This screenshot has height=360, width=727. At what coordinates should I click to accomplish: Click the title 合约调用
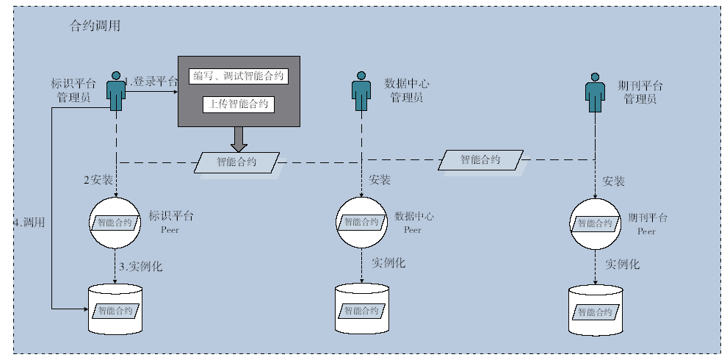click(x=95, y=26)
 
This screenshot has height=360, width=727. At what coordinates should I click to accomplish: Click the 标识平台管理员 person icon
click(x=116, y=91)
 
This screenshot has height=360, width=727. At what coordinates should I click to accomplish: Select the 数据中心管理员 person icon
click(x=361, y=91)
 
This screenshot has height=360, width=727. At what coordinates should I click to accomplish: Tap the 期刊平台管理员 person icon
click(x=595, y=93)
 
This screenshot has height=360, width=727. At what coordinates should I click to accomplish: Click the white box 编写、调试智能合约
click(x=239, y=76)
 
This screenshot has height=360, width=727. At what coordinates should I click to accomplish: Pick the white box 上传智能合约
click(x=239, y=104)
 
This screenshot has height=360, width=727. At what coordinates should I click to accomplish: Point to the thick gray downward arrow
click(x=239, y=139)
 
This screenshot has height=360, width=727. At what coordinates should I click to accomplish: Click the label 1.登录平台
click(x=151, y=82)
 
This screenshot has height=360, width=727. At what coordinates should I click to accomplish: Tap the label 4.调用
click(x=29, y=222)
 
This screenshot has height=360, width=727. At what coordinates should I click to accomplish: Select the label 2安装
click(x=98, y=180)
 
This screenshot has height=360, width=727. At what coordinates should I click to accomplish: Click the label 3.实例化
click(x=141, y=267)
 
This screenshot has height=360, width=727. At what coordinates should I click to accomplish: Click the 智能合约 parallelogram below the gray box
click(x=237, y=162)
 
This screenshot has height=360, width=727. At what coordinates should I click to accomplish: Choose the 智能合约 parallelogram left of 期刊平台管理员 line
click(x=480, y=160)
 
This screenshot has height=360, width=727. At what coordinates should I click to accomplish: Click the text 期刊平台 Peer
click(x=647, y=223)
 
